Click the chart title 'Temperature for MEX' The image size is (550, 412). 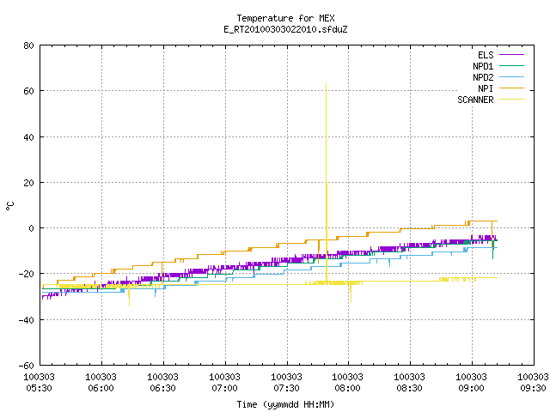(x=285, y=18)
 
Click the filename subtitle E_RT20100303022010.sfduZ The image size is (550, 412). (x=285, y=29)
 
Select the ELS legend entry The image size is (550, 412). (x=501, y=55)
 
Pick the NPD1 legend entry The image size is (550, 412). (x=498, y=66)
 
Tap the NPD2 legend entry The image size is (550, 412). (x=498, y=77)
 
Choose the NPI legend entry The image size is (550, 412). (x=501, y=88)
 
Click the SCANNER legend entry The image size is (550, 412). (x=491, y=100)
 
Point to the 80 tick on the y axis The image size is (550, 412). (x=28, y=45)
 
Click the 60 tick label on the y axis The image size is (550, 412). (x=28, y=91)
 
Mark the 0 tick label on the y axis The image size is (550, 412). (x=32, y=228)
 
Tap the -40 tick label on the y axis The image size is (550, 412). (x=27, y=320)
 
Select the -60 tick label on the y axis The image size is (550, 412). (x=27, y=366)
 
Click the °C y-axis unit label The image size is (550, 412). (x=9, y=206)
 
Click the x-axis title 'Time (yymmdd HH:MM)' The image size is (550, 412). (x=285, y=404)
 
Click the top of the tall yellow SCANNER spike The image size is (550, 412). (x=327, y=84)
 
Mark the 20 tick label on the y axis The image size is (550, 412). (x=28, y=183)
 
